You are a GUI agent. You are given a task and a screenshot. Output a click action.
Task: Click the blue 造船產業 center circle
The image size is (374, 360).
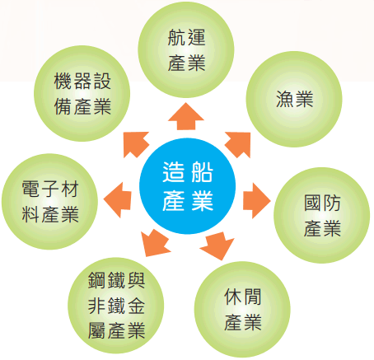tap(187, 186)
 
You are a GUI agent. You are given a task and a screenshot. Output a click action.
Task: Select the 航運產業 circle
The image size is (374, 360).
tap(186, 49)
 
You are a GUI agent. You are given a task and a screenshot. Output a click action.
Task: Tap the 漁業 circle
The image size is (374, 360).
tap(294, 99)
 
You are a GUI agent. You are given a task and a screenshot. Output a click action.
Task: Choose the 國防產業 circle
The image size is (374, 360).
tap(322, 215)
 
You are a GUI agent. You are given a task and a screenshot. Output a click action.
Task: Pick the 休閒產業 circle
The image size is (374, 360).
tap(242, 310)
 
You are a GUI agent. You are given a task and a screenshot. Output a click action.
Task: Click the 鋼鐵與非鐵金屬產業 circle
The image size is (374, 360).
tap(116, 306)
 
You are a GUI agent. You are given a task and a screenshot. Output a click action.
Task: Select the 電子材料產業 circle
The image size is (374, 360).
tap(49, 202)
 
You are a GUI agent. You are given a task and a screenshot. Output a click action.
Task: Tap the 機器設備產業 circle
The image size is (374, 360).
tap(82, 93)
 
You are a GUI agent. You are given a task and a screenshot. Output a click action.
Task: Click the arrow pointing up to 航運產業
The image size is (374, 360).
tap(186, 116)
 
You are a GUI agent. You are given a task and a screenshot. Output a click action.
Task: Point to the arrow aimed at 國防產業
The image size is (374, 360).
tap(257, 201)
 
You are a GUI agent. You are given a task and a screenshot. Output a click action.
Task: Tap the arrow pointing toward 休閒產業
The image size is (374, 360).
tap(217, 245)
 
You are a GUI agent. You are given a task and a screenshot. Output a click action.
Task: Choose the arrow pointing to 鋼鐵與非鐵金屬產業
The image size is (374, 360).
tap(154, 244)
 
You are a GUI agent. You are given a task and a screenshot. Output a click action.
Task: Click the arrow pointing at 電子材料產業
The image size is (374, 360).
tap(118, 199)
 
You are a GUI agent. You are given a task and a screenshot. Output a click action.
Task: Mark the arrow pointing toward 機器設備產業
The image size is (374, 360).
tap(134, 143)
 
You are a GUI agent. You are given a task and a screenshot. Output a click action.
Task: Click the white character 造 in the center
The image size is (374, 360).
tap(173, 172)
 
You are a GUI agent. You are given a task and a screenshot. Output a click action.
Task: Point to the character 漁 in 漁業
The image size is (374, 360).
tap(285, 99)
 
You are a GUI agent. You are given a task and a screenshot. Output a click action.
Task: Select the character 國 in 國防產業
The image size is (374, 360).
tap(313, 203)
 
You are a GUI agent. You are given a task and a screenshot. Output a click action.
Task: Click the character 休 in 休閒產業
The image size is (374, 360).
tap(233, 297)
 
